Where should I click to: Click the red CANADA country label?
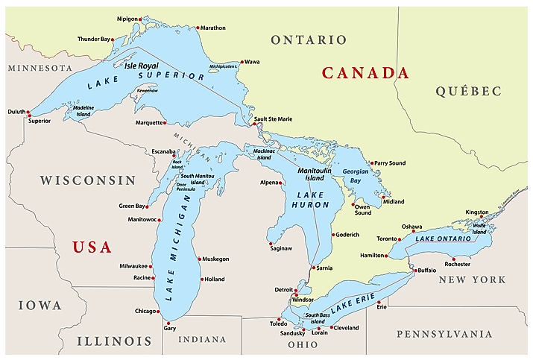pyautogui.click(x=365, y=73)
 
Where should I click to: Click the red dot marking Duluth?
pyautogui.click(x=28, y=114)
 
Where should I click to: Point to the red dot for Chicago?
pyautogui.click(x=158, y=311)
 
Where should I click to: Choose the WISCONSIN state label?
pyautogui.click(x=88, y=180)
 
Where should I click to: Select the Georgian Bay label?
pyautogui.click(x=356, y=176)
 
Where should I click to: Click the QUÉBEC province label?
pyautogui.click(x=469, y=91)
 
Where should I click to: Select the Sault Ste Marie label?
pyautogui.click(x=273, y=119)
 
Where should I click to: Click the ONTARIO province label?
pyautogui.click(x=309, y=40)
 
